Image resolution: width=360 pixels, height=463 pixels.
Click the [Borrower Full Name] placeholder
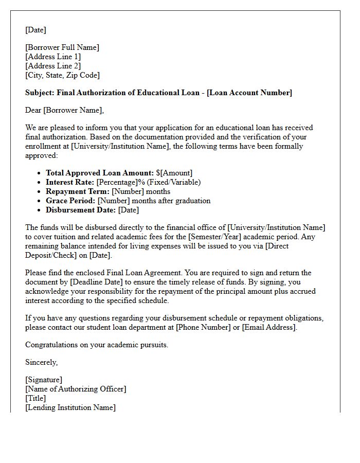[x=62, y=47]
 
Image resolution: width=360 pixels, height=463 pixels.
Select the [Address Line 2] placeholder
[x=53, y=66]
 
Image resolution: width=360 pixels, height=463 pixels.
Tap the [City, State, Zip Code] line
[x=62, y=75]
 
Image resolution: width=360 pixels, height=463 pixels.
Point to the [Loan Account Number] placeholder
[x=249, y=93]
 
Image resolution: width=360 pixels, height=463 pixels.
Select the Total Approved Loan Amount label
[x=100, y=173]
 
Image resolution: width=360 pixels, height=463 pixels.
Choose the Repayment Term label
[x=78, y=191]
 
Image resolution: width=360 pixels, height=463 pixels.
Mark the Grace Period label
[x=70, y=201]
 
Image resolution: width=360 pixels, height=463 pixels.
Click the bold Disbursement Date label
[x=81, y=210]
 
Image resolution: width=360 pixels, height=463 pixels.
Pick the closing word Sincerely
[x=41, y=362]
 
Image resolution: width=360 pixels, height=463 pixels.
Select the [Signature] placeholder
[x=44, y=380]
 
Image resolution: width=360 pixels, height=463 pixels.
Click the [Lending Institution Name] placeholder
[x=70, y=407]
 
